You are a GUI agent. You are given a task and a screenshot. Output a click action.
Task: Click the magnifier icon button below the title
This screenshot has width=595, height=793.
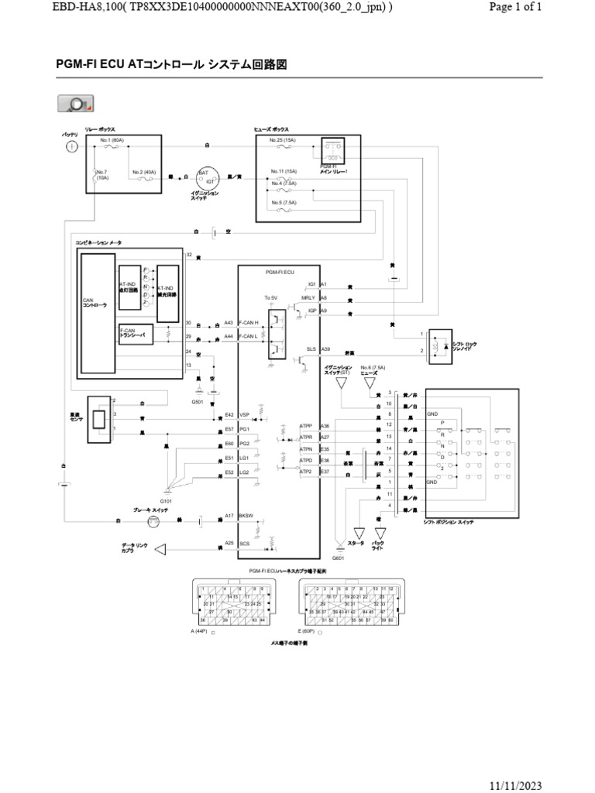click(75, 105)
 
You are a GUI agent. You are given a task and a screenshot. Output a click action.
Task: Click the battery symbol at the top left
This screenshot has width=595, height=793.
click(71, 146)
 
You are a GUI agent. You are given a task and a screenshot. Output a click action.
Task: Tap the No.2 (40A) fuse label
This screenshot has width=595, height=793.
click(144, 171)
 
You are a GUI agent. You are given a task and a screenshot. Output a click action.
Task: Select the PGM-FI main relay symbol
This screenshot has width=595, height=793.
click(335, 151)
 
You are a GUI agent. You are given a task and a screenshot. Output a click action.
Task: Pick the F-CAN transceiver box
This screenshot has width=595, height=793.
click(136, 334)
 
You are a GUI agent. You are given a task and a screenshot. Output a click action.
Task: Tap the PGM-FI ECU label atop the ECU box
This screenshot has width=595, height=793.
click(280, 273)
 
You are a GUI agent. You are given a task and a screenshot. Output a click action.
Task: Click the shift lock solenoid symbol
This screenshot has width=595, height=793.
click(440, 344)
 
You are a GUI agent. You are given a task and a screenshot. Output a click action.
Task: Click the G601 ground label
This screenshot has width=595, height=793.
click(338, 558)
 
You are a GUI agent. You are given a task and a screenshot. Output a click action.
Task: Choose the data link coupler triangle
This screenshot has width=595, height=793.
click(160, 550)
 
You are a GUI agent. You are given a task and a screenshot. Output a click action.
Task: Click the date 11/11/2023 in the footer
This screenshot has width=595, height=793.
click(517, 784)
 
